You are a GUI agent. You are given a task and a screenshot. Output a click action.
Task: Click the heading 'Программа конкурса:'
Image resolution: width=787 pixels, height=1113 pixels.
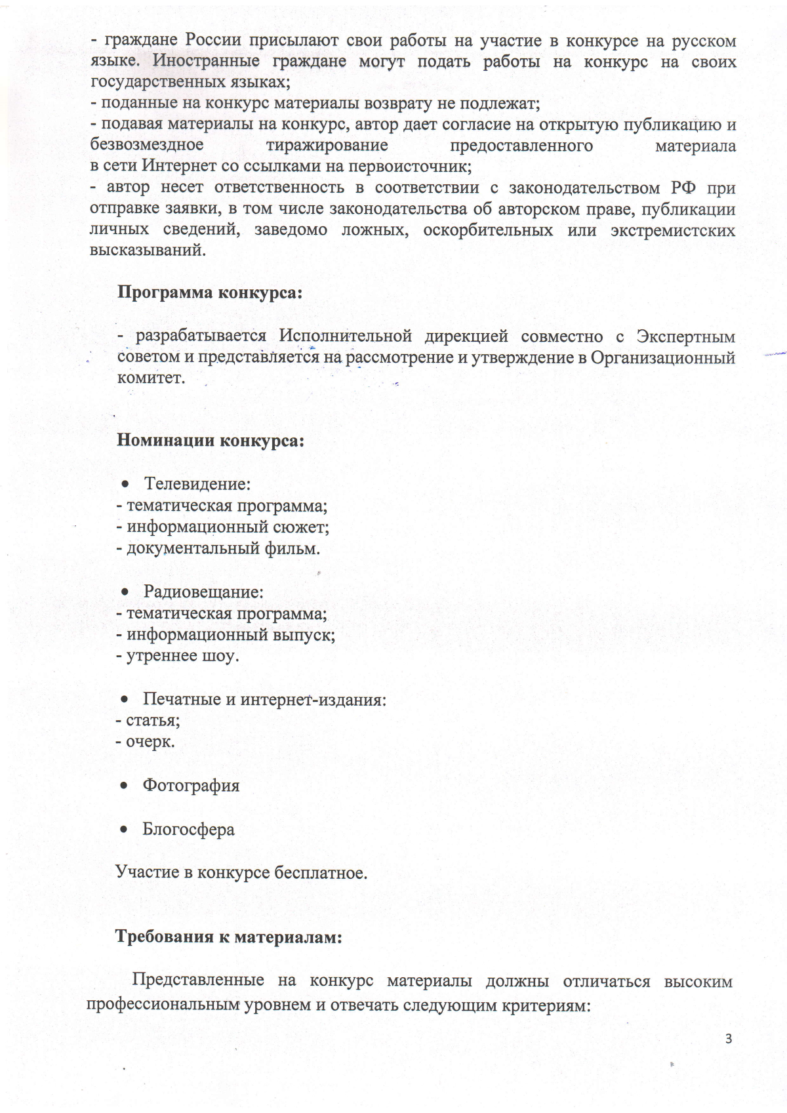tap(210, 293)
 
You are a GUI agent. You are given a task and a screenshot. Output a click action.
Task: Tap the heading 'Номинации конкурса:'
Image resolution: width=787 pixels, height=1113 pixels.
tap(211, 440)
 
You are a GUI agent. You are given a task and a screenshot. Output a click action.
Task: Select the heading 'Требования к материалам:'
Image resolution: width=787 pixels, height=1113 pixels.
tap(229, 937)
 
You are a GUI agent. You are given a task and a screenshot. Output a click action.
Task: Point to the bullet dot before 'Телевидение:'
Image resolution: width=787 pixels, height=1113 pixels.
tap(125, 485)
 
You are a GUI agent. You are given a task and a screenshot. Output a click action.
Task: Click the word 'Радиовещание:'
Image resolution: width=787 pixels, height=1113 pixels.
tap(203, 592)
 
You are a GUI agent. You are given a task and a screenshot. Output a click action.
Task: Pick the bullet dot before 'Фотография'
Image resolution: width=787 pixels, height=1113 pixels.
tap(123, 786)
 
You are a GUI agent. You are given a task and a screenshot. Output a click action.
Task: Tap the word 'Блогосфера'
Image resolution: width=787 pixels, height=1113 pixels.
tap(188, 830)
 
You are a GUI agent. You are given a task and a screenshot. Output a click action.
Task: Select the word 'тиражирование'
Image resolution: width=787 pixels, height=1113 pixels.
tap(327, 145)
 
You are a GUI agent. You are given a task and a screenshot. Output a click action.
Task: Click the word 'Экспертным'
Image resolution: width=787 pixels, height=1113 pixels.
tap(685, 336)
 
